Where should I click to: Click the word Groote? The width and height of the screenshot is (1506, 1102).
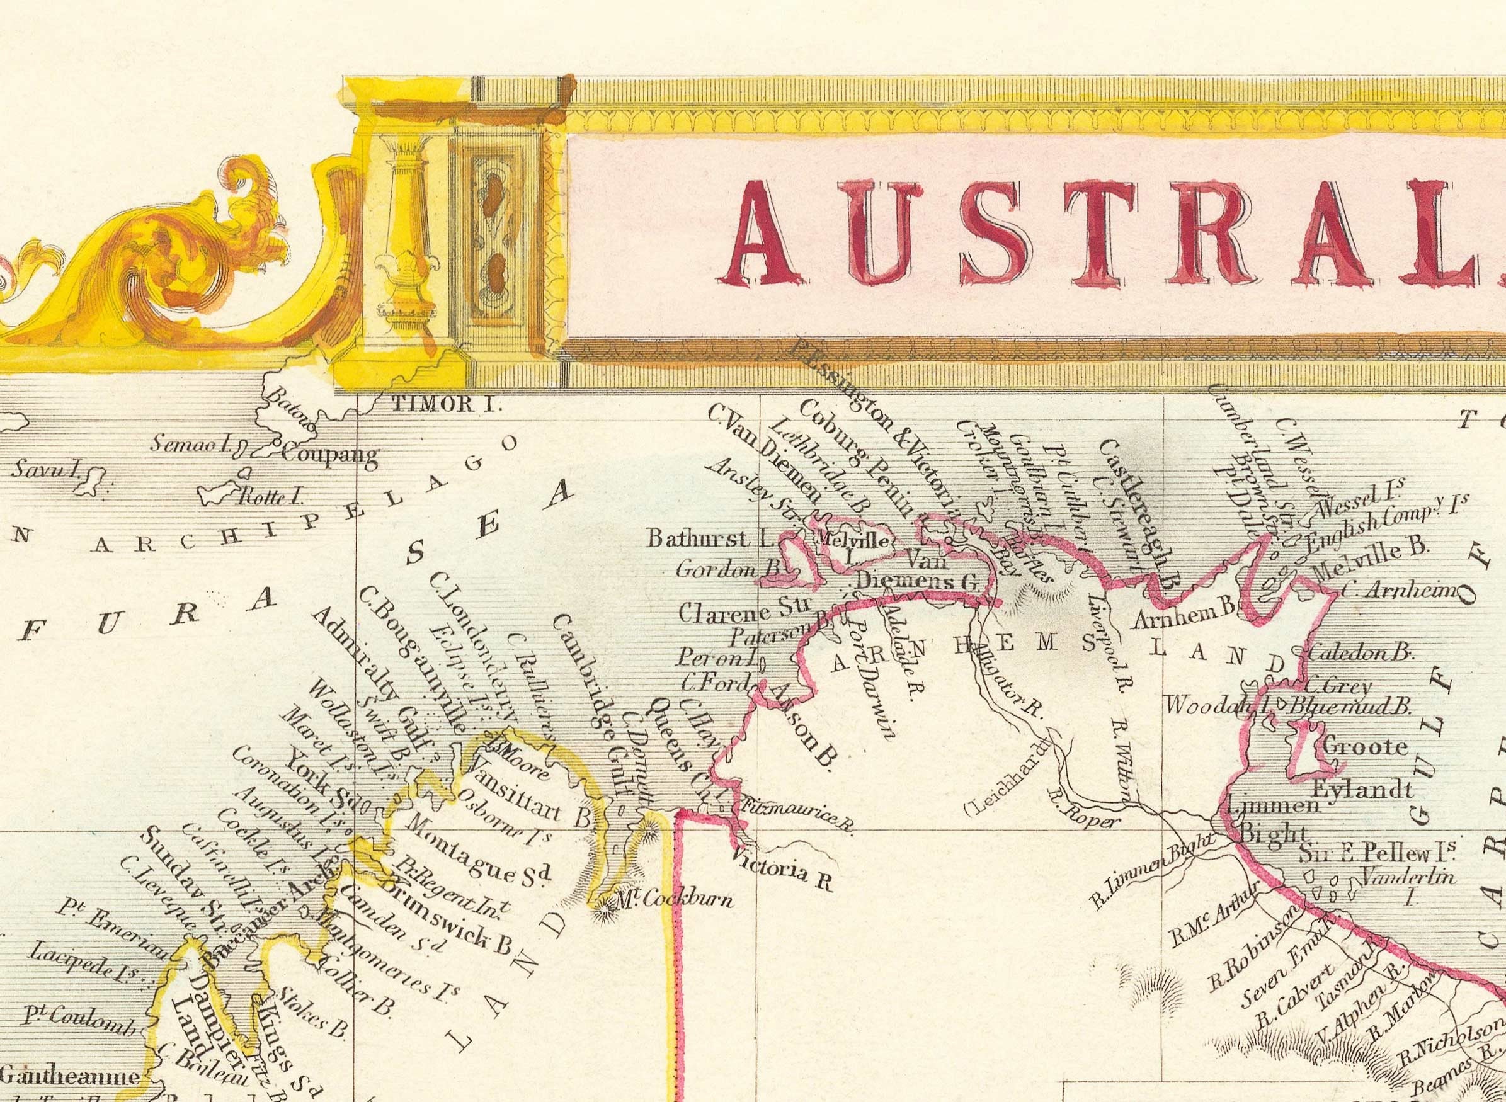click(x=1355, y=746)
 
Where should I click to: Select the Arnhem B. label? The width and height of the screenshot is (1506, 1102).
click(x=1187, y=622)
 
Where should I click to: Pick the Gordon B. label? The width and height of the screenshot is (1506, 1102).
click(x=727, y=569)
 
